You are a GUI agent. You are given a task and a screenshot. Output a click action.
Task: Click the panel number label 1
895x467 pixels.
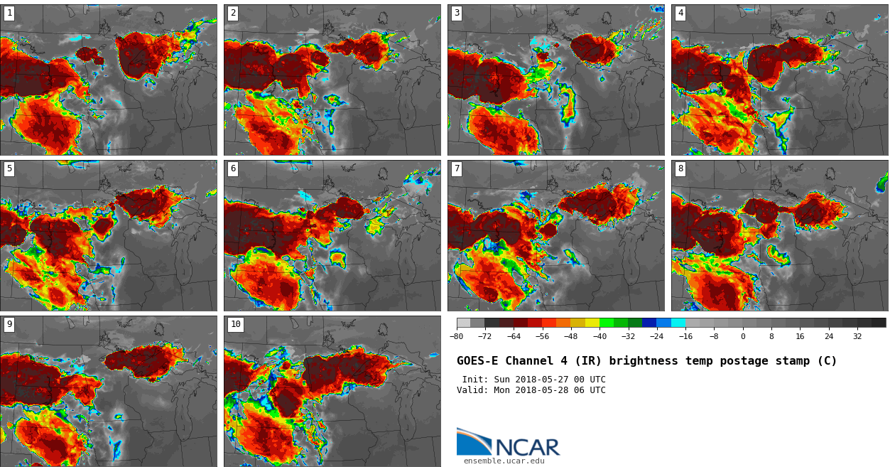point(9,13)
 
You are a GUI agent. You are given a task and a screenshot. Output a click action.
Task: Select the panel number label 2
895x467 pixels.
point(233,13)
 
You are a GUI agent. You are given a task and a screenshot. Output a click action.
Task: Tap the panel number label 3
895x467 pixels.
point(457,13)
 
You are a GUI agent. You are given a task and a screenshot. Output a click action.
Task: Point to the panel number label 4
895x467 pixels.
point(680,13)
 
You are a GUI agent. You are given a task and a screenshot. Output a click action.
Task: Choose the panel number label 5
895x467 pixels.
point(9,168)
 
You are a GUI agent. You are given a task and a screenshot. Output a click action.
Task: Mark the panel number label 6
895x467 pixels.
point(233,168)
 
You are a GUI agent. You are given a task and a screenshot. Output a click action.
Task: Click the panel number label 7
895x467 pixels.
point(457,168)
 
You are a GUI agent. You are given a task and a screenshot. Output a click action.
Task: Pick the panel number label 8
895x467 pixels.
point(680,168)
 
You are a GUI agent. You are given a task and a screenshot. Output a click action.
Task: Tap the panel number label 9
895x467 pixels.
point(9,324)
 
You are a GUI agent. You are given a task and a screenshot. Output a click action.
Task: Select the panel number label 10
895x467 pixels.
point(235,324)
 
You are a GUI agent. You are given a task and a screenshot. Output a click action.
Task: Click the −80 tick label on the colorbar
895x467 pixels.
point(456,337)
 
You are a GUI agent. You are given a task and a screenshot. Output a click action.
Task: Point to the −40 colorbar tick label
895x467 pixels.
point(600,337)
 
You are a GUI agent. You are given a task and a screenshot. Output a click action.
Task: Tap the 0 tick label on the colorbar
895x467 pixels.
point(743,337)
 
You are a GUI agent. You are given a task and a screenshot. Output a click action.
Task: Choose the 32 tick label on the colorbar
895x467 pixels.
point(857,337)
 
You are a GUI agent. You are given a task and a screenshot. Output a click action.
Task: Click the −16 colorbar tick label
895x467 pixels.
point(685,337)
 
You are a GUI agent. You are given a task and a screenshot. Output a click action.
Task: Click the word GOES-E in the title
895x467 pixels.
point(477,361)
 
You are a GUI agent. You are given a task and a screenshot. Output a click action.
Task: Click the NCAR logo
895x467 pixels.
point(508,443)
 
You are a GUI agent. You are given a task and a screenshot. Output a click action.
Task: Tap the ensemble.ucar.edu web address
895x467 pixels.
point(504,461)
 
